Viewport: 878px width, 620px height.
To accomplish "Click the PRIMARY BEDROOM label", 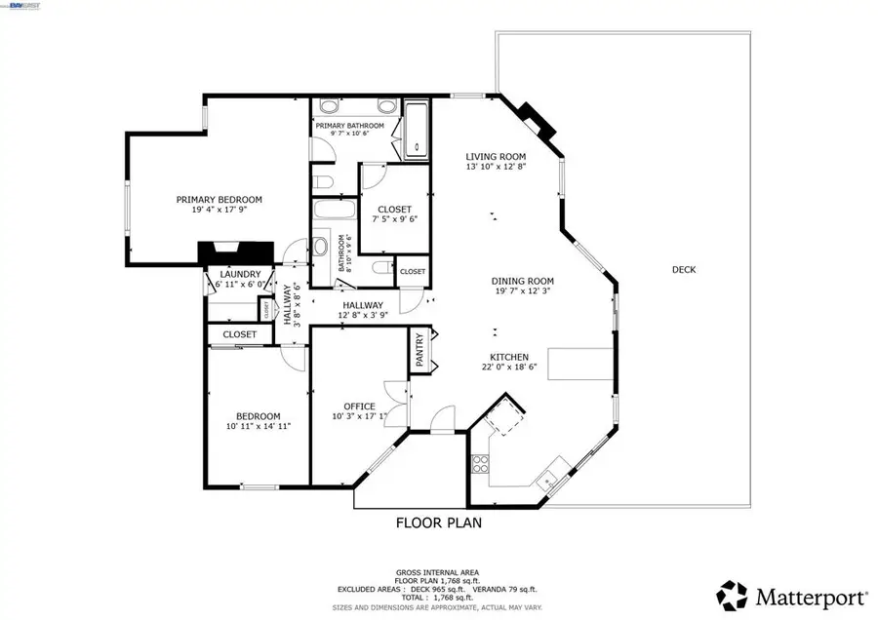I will [x=219, y=200].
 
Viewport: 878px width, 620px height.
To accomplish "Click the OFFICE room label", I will [x=359, y=407].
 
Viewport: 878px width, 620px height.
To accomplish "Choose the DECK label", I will [x=684, y=270].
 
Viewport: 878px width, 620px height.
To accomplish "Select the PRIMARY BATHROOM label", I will [x=349, y=126].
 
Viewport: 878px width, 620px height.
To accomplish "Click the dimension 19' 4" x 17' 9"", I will [x=219, y=211].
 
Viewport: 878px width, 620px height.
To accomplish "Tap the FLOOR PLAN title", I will [x=438, y=523].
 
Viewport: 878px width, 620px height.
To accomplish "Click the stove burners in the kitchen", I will [x=480, y=464].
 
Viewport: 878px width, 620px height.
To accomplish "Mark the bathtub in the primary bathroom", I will [x=418, y=131].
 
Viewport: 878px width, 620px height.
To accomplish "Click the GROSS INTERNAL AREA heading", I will [x=436, y=572].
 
